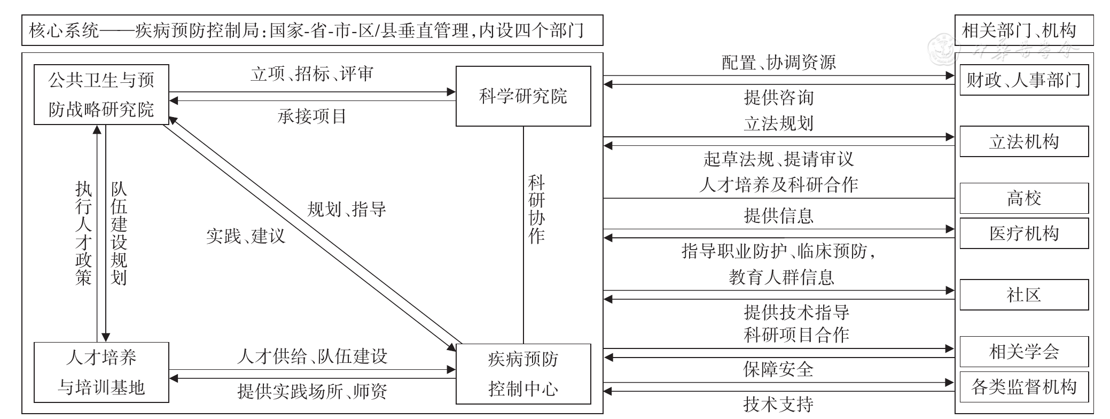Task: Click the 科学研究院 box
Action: (523, 96)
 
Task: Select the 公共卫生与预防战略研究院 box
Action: (101, 95)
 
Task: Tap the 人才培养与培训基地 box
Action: (101, 373)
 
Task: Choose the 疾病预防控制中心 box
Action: (523, 374)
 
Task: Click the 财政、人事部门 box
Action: (1023, 80)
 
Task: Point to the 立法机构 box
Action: (1023, 142)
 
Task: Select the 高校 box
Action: (1023, 198)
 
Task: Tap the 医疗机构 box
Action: (1023, 233)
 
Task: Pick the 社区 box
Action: (1023, 294)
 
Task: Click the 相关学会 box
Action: (1023, 351)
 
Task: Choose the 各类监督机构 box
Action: (1023, 386)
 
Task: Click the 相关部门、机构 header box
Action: (1023, 30)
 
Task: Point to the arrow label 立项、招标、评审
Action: (312, 74)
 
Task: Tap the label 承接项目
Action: (312, 116)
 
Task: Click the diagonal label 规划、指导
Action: (347, 209)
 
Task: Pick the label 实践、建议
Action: (246, 236)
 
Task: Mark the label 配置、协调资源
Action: (778, 63)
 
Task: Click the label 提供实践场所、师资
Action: (312, 392)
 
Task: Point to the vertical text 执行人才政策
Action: (83, 233)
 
